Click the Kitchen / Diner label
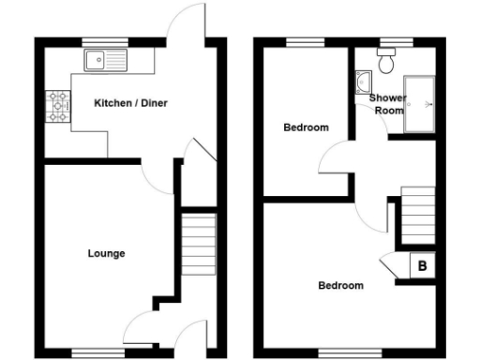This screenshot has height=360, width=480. (130, 103)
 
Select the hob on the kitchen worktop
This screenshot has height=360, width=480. (59, 106)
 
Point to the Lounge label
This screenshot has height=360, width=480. (106, 253)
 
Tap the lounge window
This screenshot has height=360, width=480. (99, 353)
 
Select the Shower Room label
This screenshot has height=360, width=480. (386, 103)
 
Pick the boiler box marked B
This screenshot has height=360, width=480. (423, 266)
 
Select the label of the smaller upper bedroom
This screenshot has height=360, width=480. (306, 127)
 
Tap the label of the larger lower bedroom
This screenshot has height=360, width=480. (339, 285)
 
